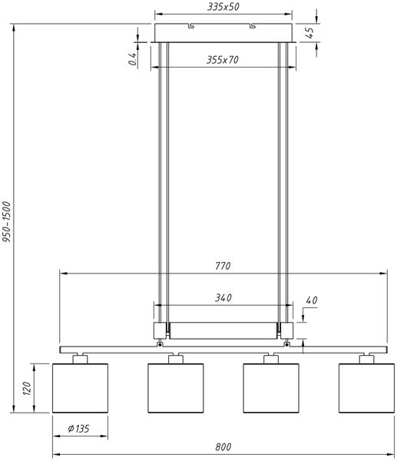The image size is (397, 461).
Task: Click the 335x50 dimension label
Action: (x=223, y=7)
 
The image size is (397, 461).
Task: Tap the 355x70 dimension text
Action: (x=223, y=60)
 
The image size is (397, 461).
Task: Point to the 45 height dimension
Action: (x=309, y=32)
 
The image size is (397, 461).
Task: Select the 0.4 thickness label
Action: (x=133, y=59)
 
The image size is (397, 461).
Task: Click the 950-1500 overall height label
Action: (x=6, y=222)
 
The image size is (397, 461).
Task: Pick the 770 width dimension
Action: (x=223, y=266)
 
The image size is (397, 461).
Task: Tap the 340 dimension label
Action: (x=223, y=298)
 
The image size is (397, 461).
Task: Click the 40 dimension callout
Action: (x=312, y=300)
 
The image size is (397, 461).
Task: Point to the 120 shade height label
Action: (x=27, y=388)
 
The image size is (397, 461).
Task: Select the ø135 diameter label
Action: (x=78, y=429)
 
